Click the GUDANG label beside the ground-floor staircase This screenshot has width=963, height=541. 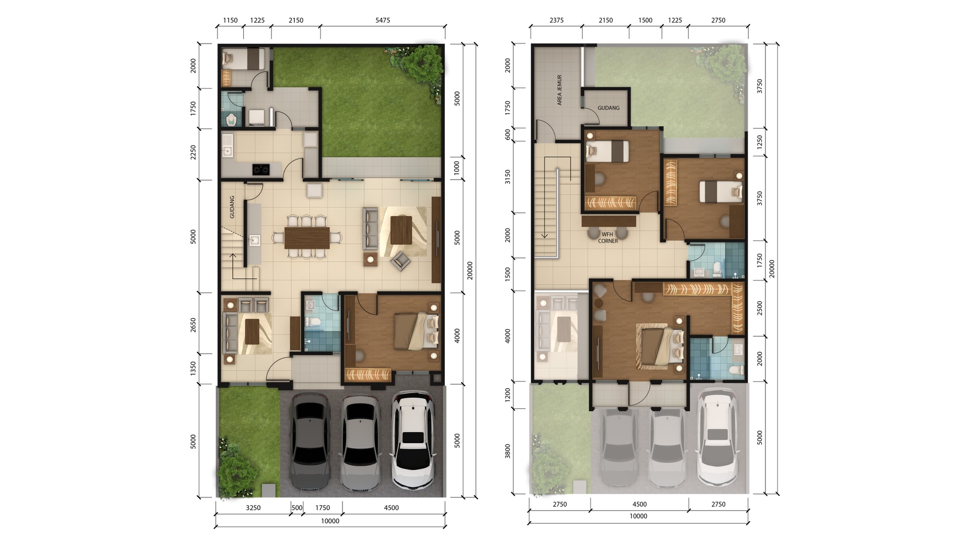pyautogui.click(x=232, y=207)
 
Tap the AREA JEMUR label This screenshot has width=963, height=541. pyautogui.click(x=559, y=90)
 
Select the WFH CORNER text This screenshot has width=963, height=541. pyautogui.click(x=608, y=237)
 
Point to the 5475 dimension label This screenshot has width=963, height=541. pyautogui.click(x=382, y=21)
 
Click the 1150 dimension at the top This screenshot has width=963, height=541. pyautogui.click(x=230, y=21)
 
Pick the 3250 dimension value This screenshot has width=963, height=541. pyautogui.click(x=253, y=507)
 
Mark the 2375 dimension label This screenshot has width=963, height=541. pyautogui.click(x=556, y=21)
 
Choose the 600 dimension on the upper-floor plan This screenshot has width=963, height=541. pyautogui.click(x=508, y=134)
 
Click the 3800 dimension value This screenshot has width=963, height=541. pyautogui.click(x=508, y=451)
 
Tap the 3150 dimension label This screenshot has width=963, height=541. pyautogui.click(x=508, y=177)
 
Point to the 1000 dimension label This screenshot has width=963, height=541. pyautogui.click(x=456, y=168)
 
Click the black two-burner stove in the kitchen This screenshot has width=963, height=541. pyautogui.click(x=260, y=169)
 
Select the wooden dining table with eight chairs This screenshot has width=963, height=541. pyautogui.click(x=307, y=237)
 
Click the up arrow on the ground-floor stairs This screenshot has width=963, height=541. pyautogui.click(x=233, y=265)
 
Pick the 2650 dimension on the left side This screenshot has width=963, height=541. pyautogui.click(x=194, y=325)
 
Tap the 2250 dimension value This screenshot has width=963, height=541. pyautogui.click(x=194, y=153)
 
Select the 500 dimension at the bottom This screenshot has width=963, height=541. pyautogui.click(x=297, y=507)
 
